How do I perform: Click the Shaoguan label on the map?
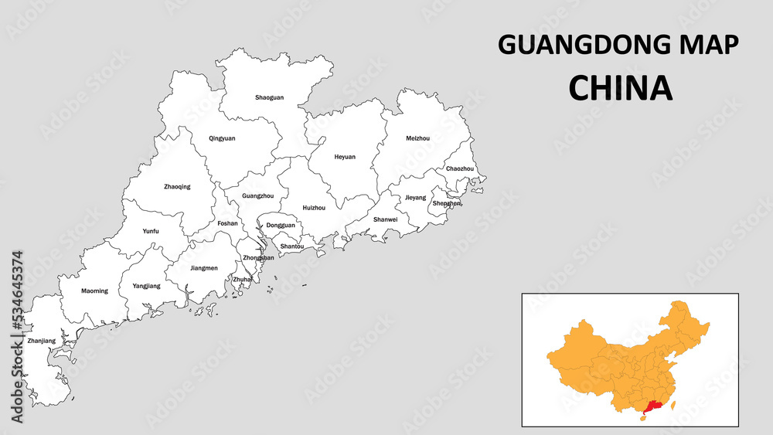point(270,98)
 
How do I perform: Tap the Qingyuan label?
point(222,138)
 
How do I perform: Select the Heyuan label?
point(345,157)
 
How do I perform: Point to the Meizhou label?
point(417,138)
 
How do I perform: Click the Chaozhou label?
point(460,168)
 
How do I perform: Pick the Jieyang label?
point(415,198)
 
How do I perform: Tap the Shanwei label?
point(385,219)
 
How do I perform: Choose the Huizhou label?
point(314,208)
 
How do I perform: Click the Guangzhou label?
point(258,196)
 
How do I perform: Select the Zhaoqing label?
point(177,186)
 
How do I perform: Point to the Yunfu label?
point(151,231)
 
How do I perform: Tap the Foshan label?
point(227,224)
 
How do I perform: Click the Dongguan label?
point(281,226)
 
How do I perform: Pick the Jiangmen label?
point(203,268)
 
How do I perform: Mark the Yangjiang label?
point(146,286)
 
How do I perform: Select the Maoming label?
point(94,291)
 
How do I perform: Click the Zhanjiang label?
point(41,341)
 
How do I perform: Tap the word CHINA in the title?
point(620,88)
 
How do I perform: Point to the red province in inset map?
point(652,406)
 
